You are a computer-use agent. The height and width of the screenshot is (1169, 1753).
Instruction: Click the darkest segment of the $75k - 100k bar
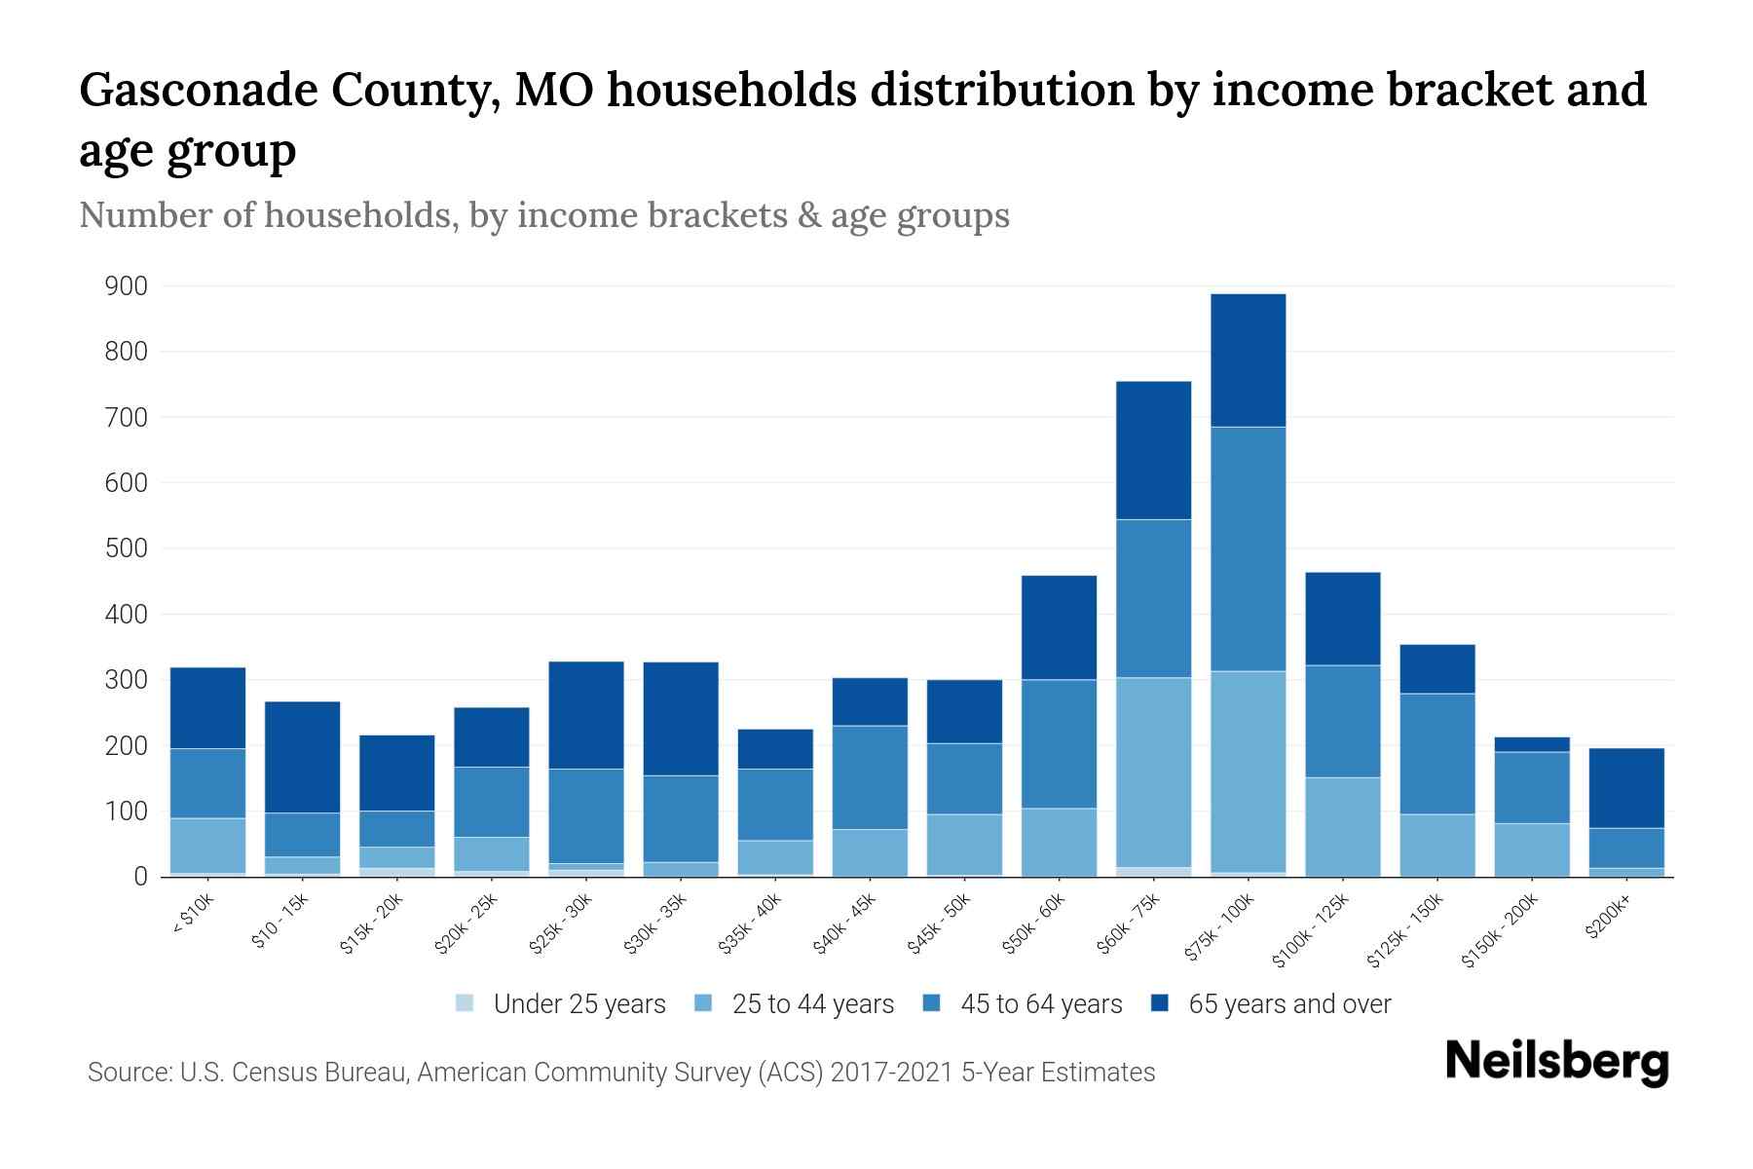(x=1248, y=360)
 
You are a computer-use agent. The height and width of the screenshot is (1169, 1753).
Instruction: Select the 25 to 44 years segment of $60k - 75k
(x=1153, y=772)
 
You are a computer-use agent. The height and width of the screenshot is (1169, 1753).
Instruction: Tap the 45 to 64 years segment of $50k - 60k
(x=1059, y=743)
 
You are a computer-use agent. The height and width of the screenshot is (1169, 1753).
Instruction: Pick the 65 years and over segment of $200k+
(x=1626, y=788)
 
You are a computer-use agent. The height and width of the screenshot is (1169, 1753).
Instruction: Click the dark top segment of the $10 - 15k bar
(x=302, y=757)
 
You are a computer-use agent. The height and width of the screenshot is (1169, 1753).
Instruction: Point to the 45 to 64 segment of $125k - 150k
(x=1436, y=753)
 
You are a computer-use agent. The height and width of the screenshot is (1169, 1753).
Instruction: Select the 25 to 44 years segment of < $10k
(x=207, y=846)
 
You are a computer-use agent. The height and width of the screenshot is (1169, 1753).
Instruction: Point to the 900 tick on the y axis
(x=127, y=286)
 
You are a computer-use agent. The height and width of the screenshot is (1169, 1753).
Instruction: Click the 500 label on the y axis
(x=127, y=548)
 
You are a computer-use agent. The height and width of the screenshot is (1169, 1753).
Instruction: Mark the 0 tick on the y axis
(x=139, y=877)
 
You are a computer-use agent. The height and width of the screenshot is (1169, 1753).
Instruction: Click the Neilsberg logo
(x=1556, y=1061)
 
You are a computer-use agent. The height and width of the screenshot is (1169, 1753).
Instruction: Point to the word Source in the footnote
(x=127, y=1073)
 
